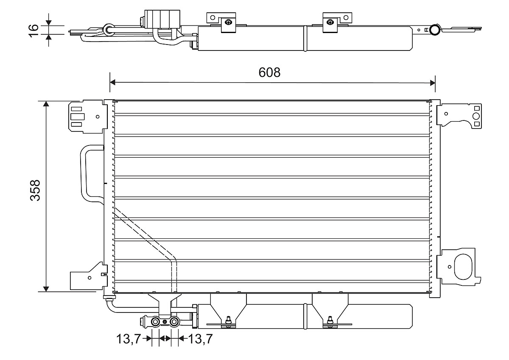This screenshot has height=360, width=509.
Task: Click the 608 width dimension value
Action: (269, 73)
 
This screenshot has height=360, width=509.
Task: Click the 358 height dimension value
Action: (35, 190)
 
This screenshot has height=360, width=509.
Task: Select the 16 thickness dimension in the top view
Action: (33, 30)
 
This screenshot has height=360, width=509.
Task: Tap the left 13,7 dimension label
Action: (129, 339)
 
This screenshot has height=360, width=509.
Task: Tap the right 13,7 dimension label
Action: (201, 339)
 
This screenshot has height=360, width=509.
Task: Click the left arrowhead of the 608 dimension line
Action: (113, 82)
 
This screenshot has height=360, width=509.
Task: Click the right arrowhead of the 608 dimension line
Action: (432, 83)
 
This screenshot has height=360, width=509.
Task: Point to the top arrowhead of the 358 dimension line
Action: (46, 104)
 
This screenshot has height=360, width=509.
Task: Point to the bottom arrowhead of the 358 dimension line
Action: (46, 289)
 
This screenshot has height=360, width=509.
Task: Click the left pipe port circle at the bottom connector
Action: (155, 321)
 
